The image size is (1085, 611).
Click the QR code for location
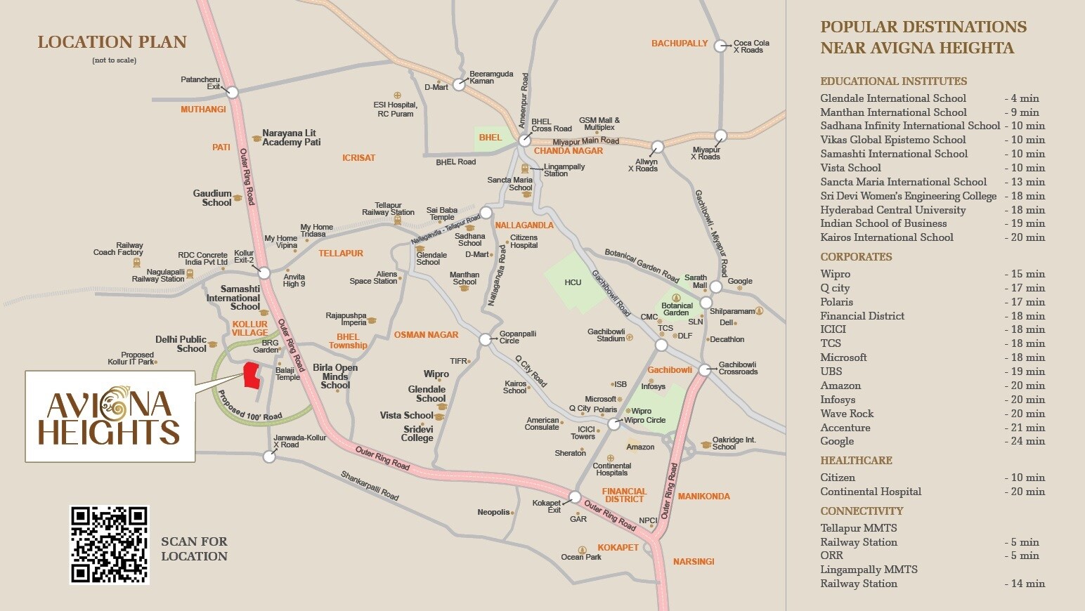pos(110,545)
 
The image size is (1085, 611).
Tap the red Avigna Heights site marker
pos(251,376)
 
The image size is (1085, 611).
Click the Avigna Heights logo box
pos(110,416)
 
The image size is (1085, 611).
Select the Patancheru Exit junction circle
pos(233,92)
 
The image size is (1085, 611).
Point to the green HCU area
pos(573,282)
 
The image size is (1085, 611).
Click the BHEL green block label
pos(490,138)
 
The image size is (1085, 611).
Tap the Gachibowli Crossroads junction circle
pos(705,369)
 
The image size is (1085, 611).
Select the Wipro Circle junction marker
pos(614,424)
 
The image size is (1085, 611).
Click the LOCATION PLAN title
pos(112,42)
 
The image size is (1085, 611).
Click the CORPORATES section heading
pos(856,257)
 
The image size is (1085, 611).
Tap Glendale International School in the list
pos(893,98)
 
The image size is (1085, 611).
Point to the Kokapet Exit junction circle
pos(574,497)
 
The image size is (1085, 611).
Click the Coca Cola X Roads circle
pos(720,46)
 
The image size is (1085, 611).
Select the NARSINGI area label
pos(694,562)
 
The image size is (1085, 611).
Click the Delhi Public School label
pos(181,344)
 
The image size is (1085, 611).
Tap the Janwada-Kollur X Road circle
pos(268,457)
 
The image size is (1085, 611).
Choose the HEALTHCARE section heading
pos(856,461)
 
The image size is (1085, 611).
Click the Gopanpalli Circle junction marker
pos(485,340)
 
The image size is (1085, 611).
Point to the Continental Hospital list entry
pos(871,492)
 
